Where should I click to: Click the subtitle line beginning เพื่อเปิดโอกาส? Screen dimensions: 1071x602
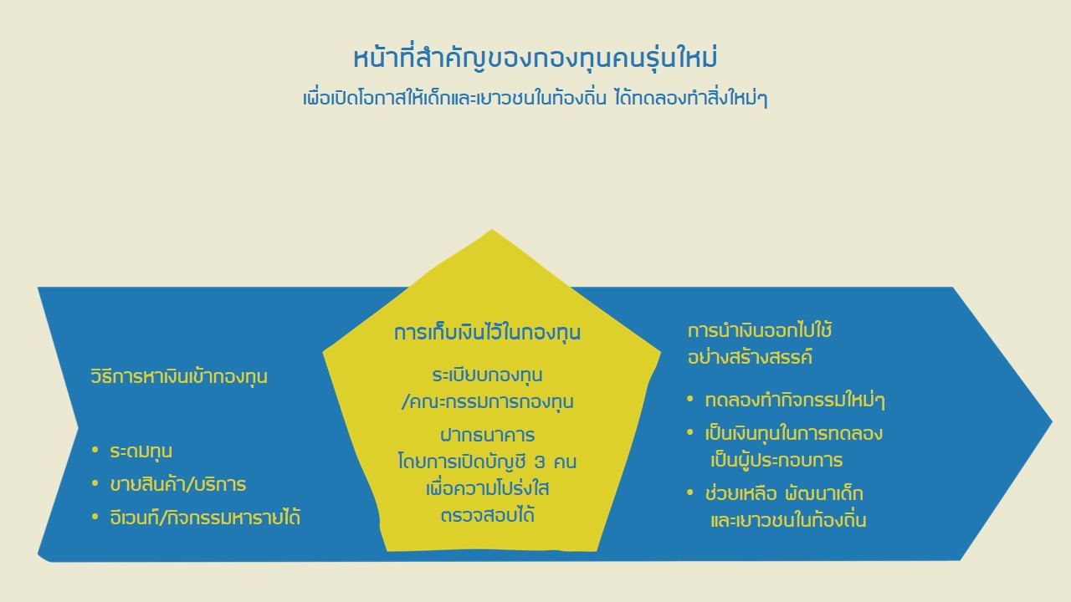[535, 99]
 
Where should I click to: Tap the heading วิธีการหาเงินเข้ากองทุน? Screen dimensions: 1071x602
[179, 376]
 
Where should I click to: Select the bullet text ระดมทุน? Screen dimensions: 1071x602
[141, 451]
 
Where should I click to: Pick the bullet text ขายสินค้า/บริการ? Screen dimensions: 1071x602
[178, 484]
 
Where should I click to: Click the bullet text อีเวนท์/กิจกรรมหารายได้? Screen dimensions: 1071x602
[205, 517]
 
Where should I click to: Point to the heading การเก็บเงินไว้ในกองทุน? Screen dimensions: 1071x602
[487, 332]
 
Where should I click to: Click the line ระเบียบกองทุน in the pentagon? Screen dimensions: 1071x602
[487, 375]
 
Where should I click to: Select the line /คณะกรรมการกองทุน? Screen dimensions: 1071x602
[487, 401]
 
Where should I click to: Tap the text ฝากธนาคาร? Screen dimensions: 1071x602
[487, 435]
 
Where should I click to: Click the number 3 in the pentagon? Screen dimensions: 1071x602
[540, 462]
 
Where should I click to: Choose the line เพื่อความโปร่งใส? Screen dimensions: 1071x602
[487, 488]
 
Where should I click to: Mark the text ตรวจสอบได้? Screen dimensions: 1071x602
[487, 515]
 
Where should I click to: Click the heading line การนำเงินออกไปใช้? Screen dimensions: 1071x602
[760, 330]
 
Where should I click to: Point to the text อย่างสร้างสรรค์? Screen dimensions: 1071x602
[750, 357]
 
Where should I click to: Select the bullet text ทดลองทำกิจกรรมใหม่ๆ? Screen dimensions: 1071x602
[795, 400]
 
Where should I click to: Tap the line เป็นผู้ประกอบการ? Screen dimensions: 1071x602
[776, 460]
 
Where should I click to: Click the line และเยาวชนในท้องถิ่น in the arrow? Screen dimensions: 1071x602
[788, 520]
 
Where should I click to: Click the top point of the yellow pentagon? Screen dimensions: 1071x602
[491, 229]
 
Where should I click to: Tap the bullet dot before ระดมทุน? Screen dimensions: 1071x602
[95, 450]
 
